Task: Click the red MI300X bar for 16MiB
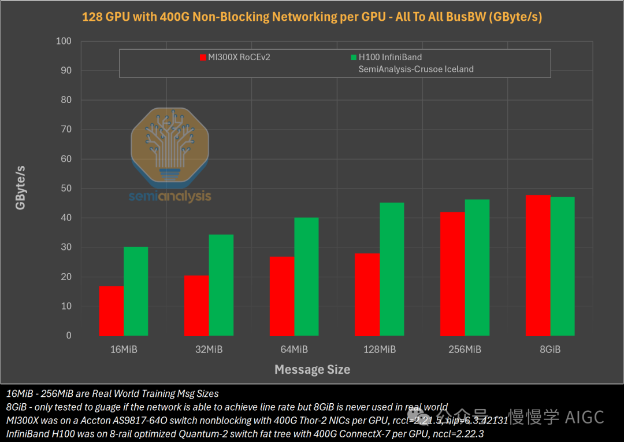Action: (x=112, y=311)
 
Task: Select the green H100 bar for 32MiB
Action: (x=221, y=285)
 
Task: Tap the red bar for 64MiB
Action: (x=282, y=296)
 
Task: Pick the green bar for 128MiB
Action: (x=392, y=269)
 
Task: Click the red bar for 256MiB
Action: (x=452, y=274)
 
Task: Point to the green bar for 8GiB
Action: (x=562, y=266)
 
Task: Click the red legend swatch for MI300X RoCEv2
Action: (x=203, y=57)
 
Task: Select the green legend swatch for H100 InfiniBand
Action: (x=354, y=57)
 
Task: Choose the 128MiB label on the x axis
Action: (x=379, y=349)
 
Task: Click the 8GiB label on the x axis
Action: (x=549, y=349)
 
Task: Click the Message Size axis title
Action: (x=312, y=369)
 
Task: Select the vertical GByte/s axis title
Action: (x=21, y=187)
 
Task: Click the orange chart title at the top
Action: (x=312, y=17)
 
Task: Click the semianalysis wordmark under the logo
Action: (x=169, y=197)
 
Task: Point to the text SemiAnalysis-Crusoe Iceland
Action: (x=416, y=69)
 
